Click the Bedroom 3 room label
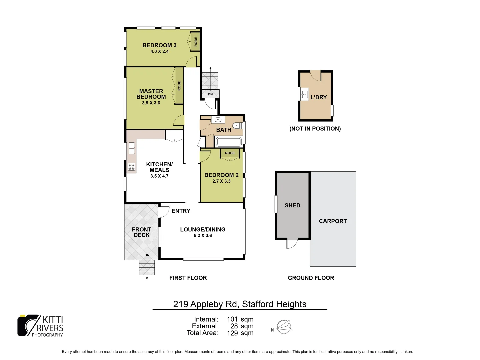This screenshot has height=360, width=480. click(x=159, y=45)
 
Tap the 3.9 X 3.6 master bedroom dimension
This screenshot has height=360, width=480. click(x=151, y=103)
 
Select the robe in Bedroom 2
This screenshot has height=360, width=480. click(x=230, y=153)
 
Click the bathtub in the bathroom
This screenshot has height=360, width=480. click(x=228, y=142)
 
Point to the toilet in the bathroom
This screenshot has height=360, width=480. click(x=237, y=126)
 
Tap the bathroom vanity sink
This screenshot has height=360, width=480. click(x=218, y=120)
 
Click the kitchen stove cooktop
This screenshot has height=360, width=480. click(x=131, y=167)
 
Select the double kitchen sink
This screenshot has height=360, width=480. click(x=132, y=148)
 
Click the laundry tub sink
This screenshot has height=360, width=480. click(x=304, y=94)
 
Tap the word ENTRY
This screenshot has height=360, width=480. click(x=181, y=211)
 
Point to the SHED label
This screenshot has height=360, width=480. click(x=292, y=206)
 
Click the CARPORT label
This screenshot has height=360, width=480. click(x=333, y=221)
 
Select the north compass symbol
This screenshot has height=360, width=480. click(x=284, y=327)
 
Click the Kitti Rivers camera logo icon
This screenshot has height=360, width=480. click(x=28, y=325)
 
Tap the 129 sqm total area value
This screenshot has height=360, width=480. click(x=240, y=333)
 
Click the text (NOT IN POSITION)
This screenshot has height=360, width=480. click(x=315, y=129)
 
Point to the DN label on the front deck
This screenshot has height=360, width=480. click(x=147, y=255)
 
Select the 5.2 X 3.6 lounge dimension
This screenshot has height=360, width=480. click(x=203, y=236)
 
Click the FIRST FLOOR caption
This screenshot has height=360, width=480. click(x=188, y=278)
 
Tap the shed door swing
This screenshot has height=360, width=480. click(x=292, y=244)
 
